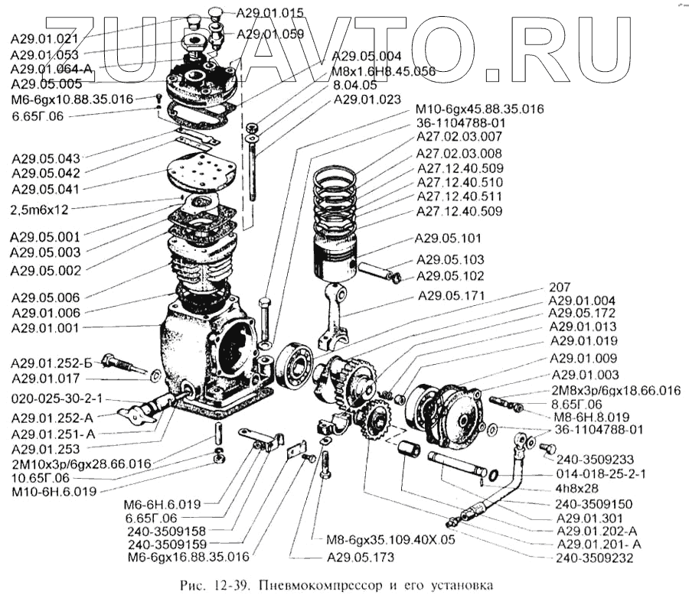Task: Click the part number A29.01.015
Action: pos(269,12)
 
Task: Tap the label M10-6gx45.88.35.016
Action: pos(479,109)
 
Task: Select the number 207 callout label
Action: pos(560,288)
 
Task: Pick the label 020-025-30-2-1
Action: pos(57,399)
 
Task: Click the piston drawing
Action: pos(334,260)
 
